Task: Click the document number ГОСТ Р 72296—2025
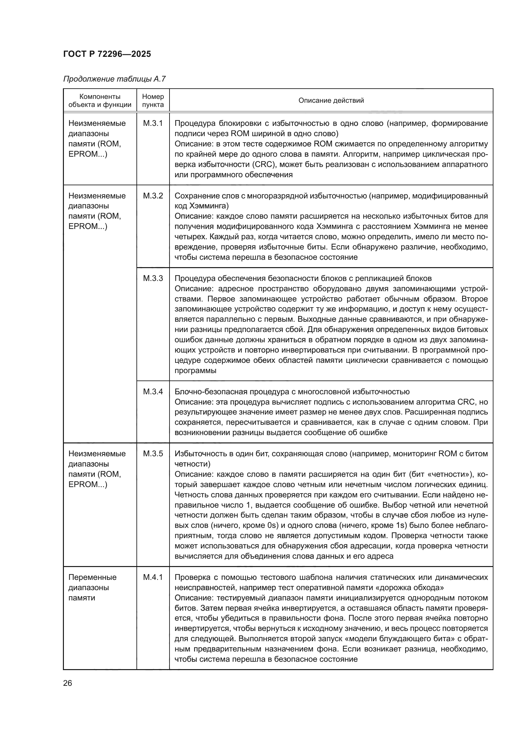pyautogui.click(x=107, y=54)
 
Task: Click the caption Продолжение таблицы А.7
pyautogui.click(x=114, y=79)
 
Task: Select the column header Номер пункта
pyautogui.click(x=153, y=100)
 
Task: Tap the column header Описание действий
pyautogui.click(x=331, y=100)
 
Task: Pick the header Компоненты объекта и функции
pyautogui.click(x=100, y=100)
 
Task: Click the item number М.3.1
pyautogui.click(x=153, y=123)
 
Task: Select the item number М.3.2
pyautogui.click(x=153, y=196)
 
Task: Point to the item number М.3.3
pyautogui.click(x=153, y=278)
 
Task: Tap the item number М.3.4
pyautogui.click(x=153, y=391)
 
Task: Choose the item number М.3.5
pyautogui.click(x=153, y=453)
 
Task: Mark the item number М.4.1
pyautogui.click(x=153, y=577)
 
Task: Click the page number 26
pyautogui.click(x=68, y=683)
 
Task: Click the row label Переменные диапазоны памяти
pyautogui.click(x=92, y=587)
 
